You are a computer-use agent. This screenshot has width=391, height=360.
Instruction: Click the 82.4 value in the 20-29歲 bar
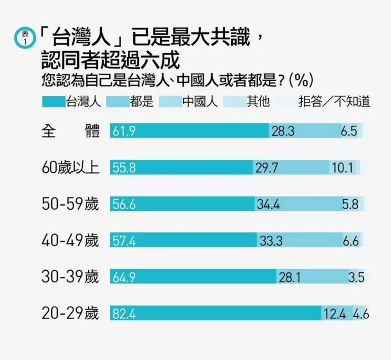(x=124, y=314)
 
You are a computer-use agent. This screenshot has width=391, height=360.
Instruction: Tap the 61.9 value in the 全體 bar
(x=124, y=131)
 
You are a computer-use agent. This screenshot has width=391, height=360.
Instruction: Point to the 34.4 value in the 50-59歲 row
(x=268, y=204)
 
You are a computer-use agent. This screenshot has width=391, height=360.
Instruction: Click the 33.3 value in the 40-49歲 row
(x=271, y=241)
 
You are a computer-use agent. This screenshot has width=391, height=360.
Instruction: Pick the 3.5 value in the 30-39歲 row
(x=355, y=277)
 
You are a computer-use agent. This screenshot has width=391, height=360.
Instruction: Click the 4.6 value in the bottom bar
(x=361, y=314)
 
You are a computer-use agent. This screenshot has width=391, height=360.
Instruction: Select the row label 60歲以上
(x=71, y=168)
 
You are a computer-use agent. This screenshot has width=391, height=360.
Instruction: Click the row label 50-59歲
(x=71, y=204)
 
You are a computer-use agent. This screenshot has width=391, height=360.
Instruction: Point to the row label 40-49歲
(x=71, y=241)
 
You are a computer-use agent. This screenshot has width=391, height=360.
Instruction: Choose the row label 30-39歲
(x=71, y=277)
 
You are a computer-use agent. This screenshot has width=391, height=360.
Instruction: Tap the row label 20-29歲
(x=71, y=314)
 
